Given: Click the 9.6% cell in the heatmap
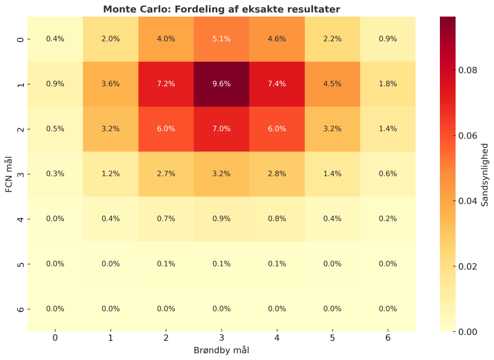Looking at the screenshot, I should pyautogui.click(x=222, y=84).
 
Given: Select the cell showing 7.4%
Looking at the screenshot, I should pyautogui.click(x=277, y=84).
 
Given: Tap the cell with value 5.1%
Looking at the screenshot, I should pyautogui.click(x=222, y=38).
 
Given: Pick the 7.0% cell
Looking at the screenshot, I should pyautogui.click(x=222, y=129).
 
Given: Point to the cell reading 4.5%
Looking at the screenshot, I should pyautogui.click(x=332, y=84).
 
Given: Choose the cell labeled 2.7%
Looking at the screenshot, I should pyautogui.click(x=166, y=174).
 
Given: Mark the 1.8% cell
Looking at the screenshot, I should pyautogui.click(x=388, y=84).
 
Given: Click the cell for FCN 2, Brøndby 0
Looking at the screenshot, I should pyautogui.click(x=55, y=129).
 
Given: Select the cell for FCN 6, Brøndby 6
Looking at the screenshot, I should pyautogui.click(x=388, y=309).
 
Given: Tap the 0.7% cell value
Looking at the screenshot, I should pyautogui.click(x=166, y=219).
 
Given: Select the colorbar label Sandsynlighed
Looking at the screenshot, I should pyautogui.click(x=485, y=174).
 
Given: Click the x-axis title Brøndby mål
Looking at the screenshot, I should pyautogui.click(x=222, y=350).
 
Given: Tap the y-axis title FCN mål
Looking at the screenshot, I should pyautogui.click(x=9, y=174).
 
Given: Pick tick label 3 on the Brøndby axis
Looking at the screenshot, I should pyautogui.click(x=222, y=338).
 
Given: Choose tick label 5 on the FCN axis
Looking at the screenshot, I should pyautogui.click(x=20, y=264).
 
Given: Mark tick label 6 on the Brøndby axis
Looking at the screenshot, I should pyautogui.click(x=388, y=338).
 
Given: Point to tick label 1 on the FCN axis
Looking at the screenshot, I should pyautogui.click(x=20, y=84).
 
